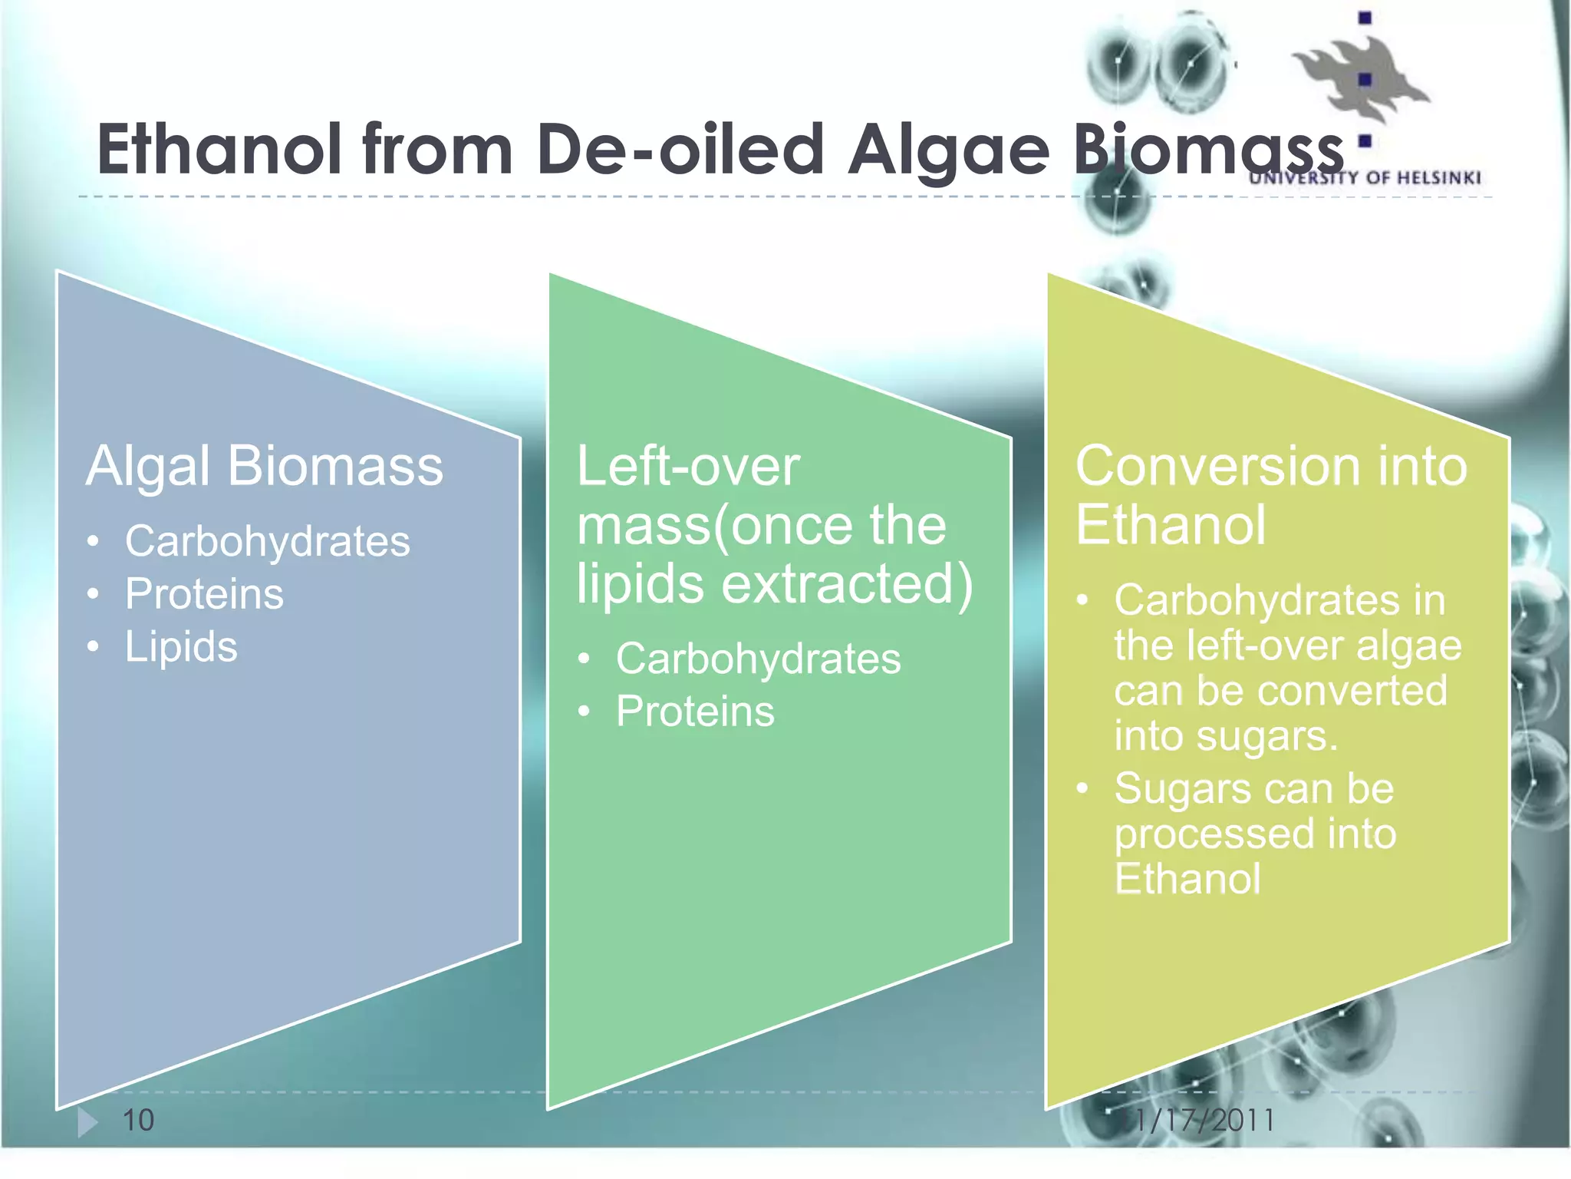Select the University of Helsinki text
(x=1365, y=178)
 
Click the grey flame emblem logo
(x=1358, y=77)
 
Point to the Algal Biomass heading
(x=265, y=467)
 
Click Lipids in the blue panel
(x=181, y=646)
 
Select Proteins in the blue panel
(x=204, y=594)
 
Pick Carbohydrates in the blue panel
(x=267, y=541)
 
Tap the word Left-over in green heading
(x=688, y=467)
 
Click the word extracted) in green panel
(x=848, y=584)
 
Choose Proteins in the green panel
(x=695, y=712)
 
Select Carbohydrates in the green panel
(x=758, y=659)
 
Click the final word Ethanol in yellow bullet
(x=1187, y=879)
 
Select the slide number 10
(x=138, y=1120)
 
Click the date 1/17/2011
(x=1204, y=1120)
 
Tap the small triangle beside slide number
(x=87, y=1122)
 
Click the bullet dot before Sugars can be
(x=1082, y=788)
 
